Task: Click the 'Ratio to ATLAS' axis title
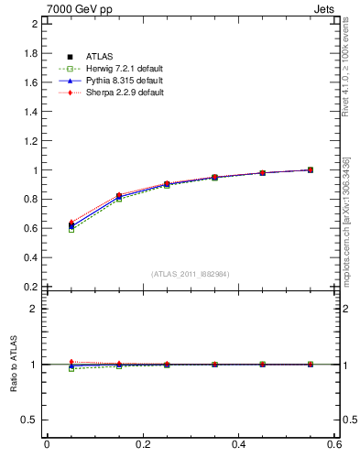(x=12, y=365)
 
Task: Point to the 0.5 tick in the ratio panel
(x=30, y=420)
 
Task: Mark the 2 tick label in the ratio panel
(x=34, y=309)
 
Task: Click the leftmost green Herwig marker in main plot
(x=71, y=229)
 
